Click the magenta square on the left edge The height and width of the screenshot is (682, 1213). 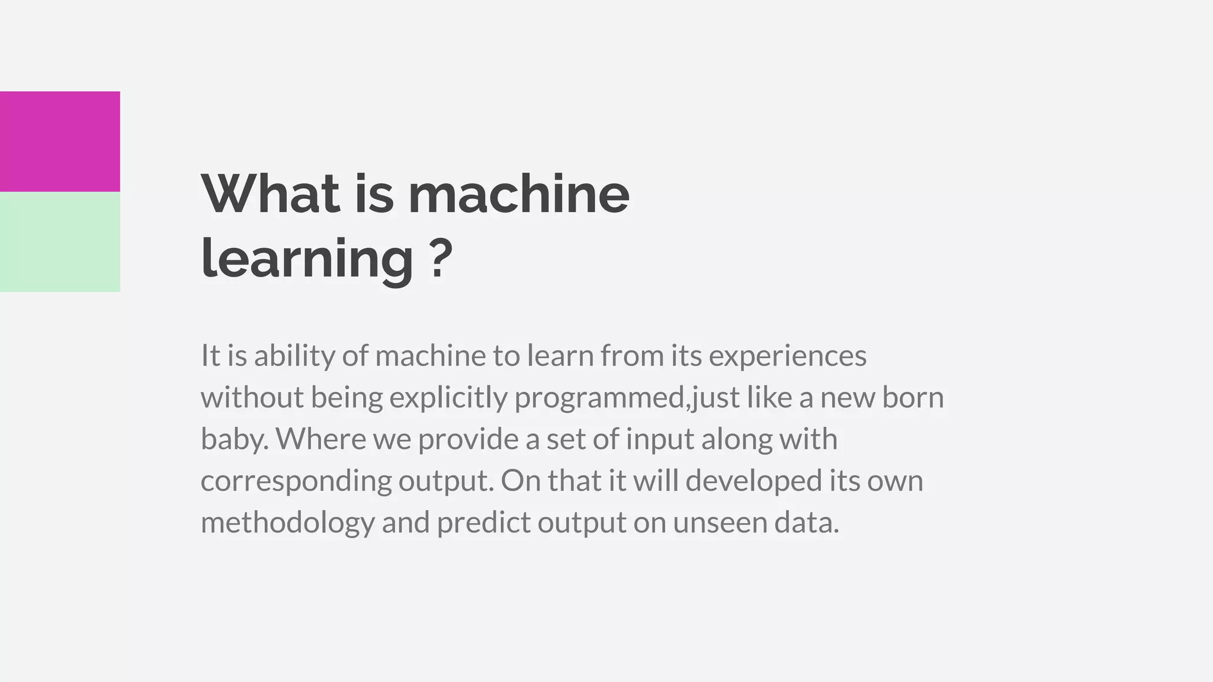pos(59,141)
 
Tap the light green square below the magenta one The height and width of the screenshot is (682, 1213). pos(59,242)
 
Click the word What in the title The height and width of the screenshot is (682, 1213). pos(271,194)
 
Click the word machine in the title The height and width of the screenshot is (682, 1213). pos(519,194)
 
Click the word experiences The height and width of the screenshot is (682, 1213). pos(787,356)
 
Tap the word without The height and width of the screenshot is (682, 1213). pos(252,397)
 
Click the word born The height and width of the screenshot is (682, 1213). pos(912,397)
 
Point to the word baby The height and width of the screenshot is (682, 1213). pos(233,439)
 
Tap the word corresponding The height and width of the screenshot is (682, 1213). pos(296,481)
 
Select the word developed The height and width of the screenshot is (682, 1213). pos(754,481)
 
